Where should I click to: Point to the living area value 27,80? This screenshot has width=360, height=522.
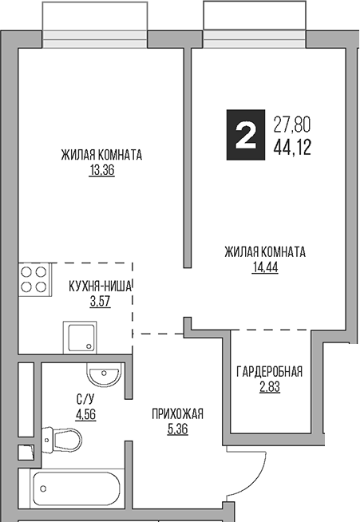point(292,125)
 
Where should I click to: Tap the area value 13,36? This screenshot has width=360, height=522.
point(102,170)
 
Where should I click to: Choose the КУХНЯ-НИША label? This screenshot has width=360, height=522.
point(99,285)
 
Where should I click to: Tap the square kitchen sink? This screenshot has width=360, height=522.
point(79,338)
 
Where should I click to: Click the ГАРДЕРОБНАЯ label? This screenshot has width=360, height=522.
point(269,372)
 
